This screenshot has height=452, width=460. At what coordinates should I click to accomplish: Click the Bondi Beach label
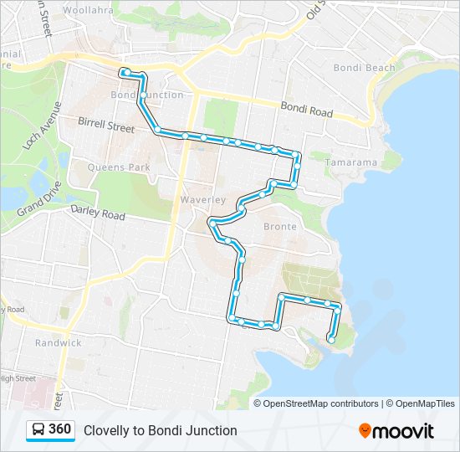tap(364, 68)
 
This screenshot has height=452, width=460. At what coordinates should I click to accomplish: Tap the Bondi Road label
tap(307, 110)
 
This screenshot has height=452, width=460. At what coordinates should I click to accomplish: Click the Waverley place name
tap(203, 200)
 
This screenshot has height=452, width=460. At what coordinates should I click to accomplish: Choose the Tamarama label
tap(351, 162)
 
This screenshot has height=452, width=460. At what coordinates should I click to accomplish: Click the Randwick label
tap(58, 342)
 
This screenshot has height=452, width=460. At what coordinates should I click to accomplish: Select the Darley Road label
tap(97, 214)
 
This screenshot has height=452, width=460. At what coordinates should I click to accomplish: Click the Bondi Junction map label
tap(147, 95)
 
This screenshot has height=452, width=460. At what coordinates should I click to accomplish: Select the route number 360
tap(59, 429)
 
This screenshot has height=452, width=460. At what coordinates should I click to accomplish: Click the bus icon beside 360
tap(38, 430)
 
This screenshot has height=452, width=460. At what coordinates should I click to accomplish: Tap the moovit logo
tap(396, 430)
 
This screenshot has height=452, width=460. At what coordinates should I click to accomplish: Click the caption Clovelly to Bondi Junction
tap(160, 430)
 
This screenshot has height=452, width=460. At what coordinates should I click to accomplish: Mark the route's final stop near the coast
tap(331, 339)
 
